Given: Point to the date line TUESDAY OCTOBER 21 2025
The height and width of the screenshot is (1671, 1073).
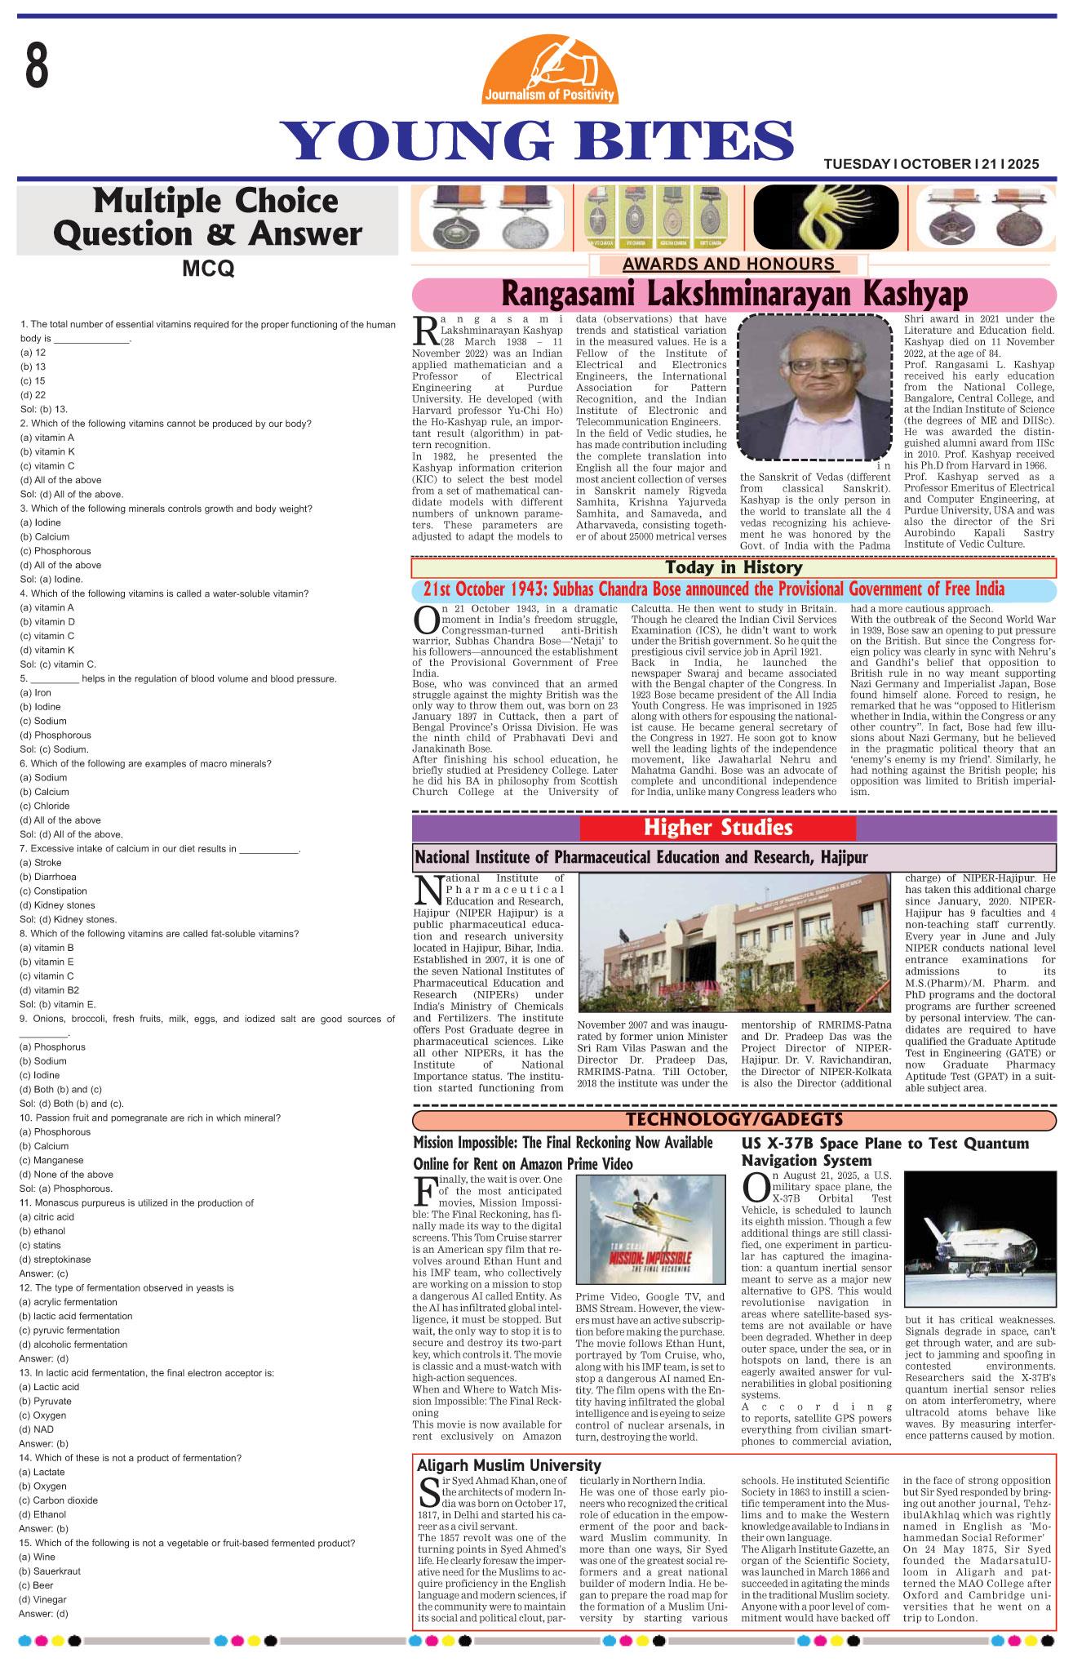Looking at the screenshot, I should click(x=931, y=164).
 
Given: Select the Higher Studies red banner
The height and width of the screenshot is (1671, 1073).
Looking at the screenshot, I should click(x=718, y=828).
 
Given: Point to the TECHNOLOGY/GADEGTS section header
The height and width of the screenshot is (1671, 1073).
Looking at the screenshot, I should click(x=734, y=1118).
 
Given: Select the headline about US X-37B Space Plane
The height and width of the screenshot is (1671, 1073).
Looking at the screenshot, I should click(x=885, y=1151).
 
